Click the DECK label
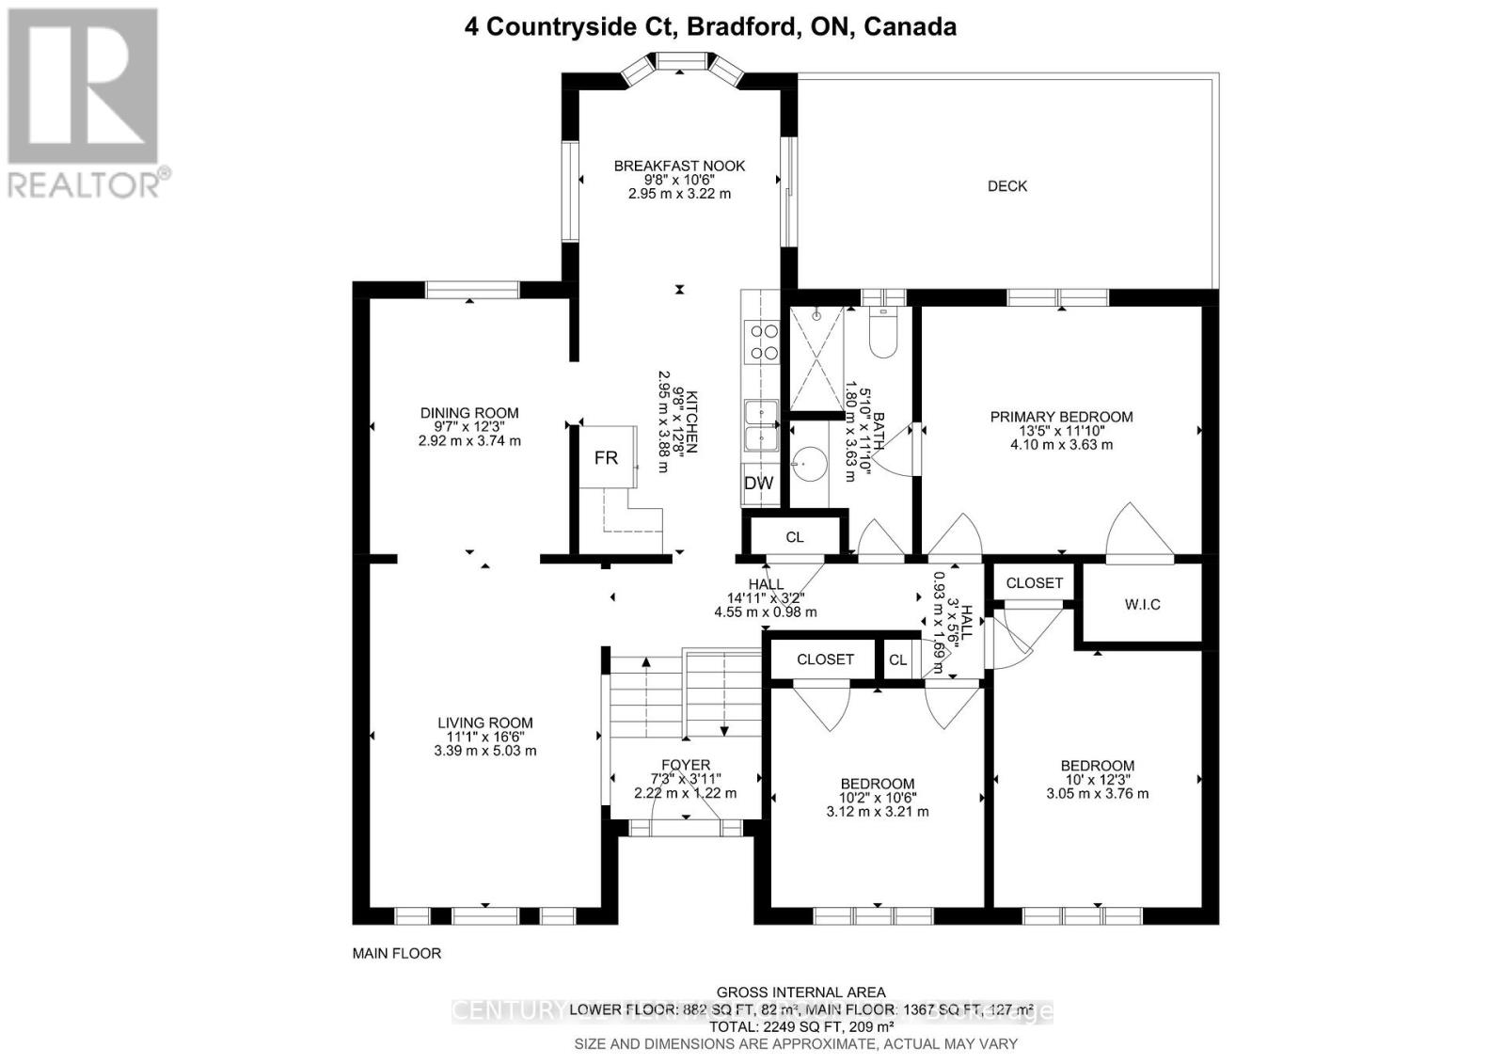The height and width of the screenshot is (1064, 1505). (x=1006, y=186)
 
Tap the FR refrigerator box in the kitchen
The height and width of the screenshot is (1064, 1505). (x=607, y=457)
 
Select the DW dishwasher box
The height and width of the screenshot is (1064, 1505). (x=758, y=484)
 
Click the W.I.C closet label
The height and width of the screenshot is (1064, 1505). (x=1142, y=604)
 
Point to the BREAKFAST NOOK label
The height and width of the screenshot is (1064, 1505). (x=679, y=166)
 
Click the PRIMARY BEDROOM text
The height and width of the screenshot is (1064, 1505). (x=1061, y=417)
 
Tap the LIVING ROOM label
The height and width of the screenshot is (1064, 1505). (x=484, y=723)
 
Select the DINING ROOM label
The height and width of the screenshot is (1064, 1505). (x=468, y=413)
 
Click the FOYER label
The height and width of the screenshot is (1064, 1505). (x=685, y=765)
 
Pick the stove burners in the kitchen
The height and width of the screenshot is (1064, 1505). (x=762, y=341)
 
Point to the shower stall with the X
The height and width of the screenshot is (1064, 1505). (x=816, y=361)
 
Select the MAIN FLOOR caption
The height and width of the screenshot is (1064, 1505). (x=396, y=953)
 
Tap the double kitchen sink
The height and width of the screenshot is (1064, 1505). (x=760, y=426)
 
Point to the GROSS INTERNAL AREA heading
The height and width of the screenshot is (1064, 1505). (x=800, y=992)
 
